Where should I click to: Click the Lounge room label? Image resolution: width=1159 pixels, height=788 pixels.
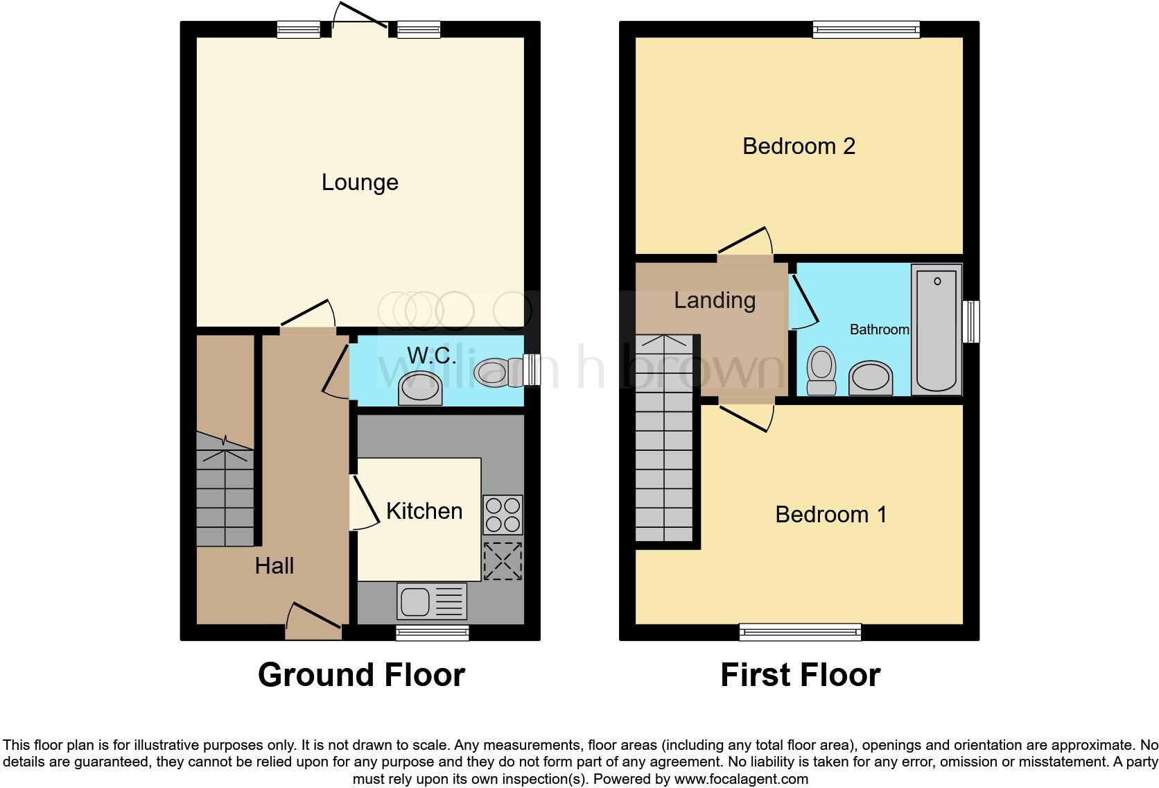[x=360, y=182]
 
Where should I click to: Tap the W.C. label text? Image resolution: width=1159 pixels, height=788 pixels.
[x=431, y=356]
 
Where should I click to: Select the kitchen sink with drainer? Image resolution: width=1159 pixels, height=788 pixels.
[x=432, y=601]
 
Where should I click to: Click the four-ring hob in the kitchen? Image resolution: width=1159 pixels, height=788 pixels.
[x=503, y=515]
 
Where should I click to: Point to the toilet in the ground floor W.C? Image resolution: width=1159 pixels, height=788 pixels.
[x=498, y=372]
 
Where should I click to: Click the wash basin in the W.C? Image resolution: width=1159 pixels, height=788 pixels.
[x=420, y=389]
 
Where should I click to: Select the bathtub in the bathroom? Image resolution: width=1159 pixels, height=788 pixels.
[x=938, y=329]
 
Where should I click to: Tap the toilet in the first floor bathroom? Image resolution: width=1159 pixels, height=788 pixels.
[x=821, y=371]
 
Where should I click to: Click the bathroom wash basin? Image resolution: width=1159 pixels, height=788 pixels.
[x=871, y=378]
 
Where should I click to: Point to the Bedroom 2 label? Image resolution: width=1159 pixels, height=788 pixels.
[x=799, y=146]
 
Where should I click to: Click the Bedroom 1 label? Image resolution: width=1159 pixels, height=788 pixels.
[x=830, y=515]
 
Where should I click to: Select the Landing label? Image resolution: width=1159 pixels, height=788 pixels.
[x=715, y=300]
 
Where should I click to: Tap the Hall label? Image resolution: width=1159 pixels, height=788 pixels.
[x=274, y=566]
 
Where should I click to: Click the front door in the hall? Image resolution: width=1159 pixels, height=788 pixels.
[x=313, y=623]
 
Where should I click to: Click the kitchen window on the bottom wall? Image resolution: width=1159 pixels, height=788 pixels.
[x=433, y=632]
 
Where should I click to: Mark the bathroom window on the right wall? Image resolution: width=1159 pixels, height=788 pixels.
[x=972, y=321]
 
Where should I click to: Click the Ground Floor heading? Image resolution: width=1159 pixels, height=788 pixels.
[x=361, y=675]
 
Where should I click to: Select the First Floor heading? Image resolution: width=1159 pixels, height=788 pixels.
[x=800, y=675]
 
